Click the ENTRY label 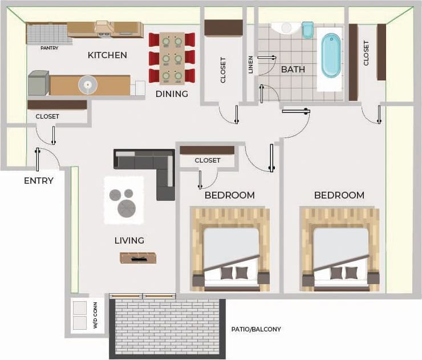pyautogui.click(x=39, y=181)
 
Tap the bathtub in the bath pyautogui.click(x=330, y=55)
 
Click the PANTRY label pyautogui.click(x=50, y=48)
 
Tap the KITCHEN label pyautogui.click(x=107, y=55)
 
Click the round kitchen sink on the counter pyautogui.click(x=88, y=85)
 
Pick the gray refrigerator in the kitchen pyautogui.click(x=38, y=83)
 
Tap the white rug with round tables pyautogui.click(x=123, y=200)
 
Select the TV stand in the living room pyautogui.click(x=137, y=258)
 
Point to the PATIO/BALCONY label pyautogui.click(x=256, y=329)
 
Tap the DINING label pyautogui.click(x=172, y=94)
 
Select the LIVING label pyautogui.click(x=129, y=241)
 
